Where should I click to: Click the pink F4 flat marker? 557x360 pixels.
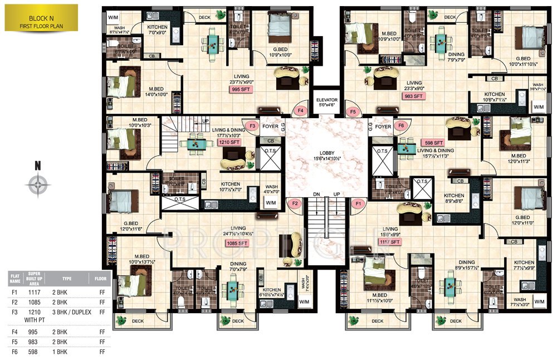301,111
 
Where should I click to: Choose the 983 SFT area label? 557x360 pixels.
413,96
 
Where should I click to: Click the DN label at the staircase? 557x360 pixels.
316,194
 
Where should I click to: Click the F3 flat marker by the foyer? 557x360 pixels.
252,127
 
